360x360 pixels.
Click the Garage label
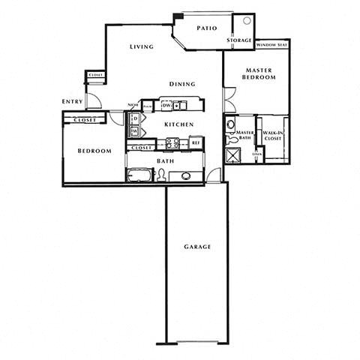tap(197, 247)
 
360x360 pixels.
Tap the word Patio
tap(207, 28)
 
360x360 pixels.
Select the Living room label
tap(141, 47)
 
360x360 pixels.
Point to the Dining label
tap(181, 84)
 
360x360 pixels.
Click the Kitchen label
tap(180, 124)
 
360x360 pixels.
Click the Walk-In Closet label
tap(271, 136)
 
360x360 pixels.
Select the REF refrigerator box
tap(196, 142)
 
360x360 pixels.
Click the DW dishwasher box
tap(166, 105)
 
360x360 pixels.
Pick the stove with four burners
tap(172, 142)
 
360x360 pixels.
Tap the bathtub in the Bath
tap(139, 175)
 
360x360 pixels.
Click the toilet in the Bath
tap(160, 175)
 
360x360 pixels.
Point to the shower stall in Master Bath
tap(232, 155)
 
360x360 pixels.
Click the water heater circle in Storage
tap(244, 21)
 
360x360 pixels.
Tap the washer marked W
tap(134, 132)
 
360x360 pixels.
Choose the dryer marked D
tap(134, 118)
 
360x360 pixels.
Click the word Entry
tap(73, 102)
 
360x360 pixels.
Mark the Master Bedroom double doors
tap(229, 100)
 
